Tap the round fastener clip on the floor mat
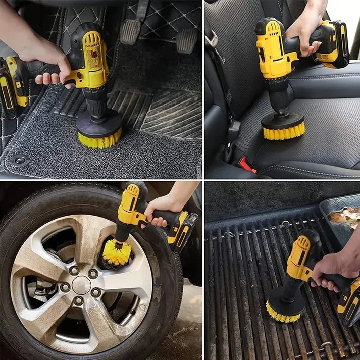click(x=20, y=161)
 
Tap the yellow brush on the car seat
click(x=283, y=132)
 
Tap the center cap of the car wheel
click(x=81, y=285)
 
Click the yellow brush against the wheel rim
click(x=117, y=252)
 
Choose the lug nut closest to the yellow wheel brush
click(x=93, y=273)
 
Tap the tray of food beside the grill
click(x=343, y=217)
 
